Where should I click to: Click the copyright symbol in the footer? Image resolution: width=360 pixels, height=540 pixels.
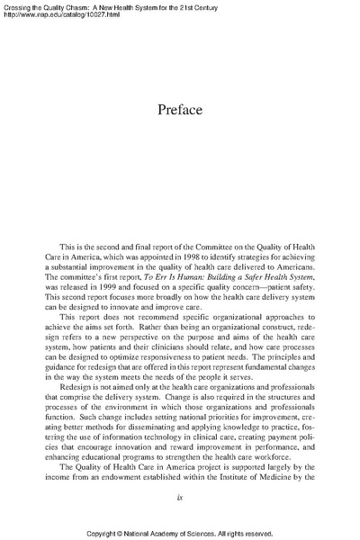(x=117, y=532)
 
